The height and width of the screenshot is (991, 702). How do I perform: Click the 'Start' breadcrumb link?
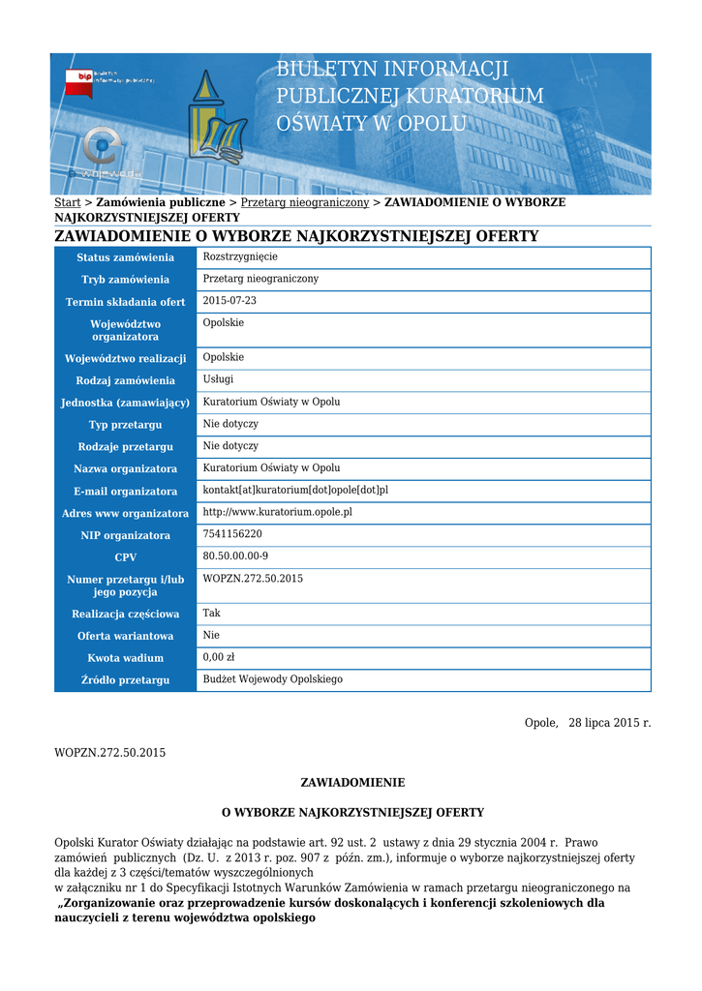coord(67,202)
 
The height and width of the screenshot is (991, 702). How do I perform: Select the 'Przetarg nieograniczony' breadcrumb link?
coord(304,202)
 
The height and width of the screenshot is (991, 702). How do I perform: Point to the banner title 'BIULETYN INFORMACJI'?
coord(392,70)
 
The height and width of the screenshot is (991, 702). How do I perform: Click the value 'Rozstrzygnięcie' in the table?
coord(240,256)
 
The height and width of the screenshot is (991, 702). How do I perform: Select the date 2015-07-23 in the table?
coord(229,301)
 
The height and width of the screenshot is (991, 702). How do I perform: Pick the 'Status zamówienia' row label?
coord(126,257)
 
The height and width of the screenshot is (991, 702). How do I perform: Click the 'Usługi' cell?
coord(218,379)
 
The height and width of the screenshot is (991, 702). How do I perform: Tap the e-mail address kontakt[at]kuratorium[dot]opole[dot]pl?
coord(295,491)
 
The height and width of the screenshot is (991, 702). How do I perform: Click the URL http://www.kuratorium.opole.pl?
coord(277,512)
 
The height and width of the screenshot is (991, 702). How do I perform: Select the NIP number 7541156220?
coord(232,534)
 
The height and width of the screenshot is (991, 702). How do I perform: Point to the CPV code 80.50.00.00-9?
coord(235,556)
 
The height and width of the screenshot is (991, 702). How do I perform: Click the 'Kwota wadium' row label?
coord(126,658)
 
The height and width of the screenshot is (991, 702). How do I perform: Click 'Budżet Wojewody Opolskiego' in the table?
coord(272,679)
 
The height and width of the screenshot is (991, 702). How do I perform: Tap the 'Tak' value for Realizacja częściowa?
coord(211,613)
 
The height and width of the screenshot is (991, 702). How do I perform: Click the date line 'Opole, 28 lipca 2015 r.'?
coord(588,723)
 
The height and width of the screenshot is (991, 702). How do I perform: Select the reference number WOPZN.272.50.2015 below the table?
coord(109,752)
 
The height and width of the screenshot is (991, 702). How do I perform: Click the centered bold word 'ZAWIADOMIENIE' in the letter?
coord(352,782)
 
